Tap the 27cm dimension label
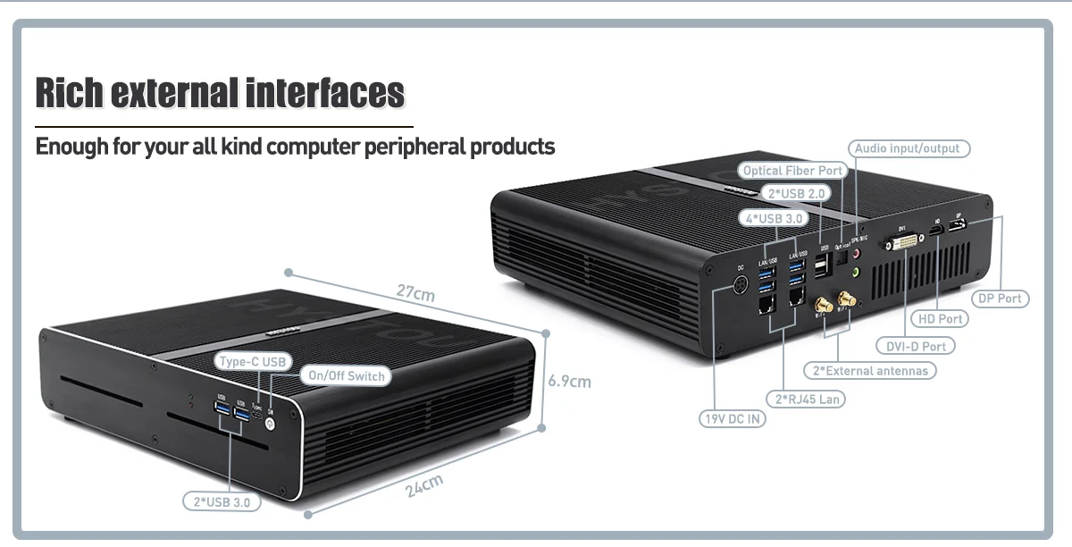(x=416, y=293)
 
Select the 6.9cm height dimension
(x=569, y=382)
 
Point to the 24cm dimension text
(x=423, y=486)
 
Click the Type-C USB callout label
(x=253, y=361)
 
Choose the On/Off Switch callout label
(x=347, y=376)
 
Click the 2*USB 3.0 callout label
(x=222, y=502)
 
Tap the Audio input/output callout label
(x=908, y=148)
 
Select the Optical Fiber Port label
(x=792, y=171)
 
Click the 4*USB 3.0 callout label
(x=773, y=217)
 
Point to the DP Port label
(x=999, y=299)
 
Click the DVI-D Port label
(x=916, y=346)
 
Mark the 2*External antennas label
(x=870, y=370)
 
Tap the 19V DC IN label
(x=732, y=417)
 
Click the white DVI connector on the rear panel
(x=905, y=244)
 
